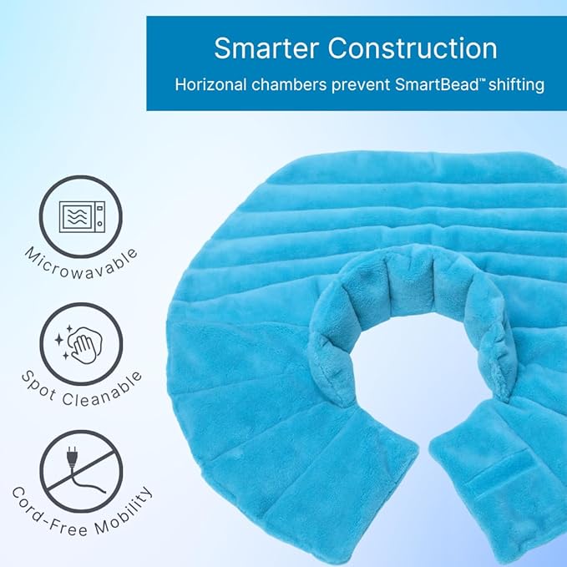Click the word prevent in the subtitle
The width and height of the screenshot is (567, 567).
pyautogui.click(x=362, y=84)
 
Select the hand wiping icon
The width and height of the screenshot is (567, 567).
pyautogui.click(x=82, y=343)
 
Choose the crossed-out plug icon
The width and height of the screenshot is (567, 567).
pyautogui.click(x=81, y=470)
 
